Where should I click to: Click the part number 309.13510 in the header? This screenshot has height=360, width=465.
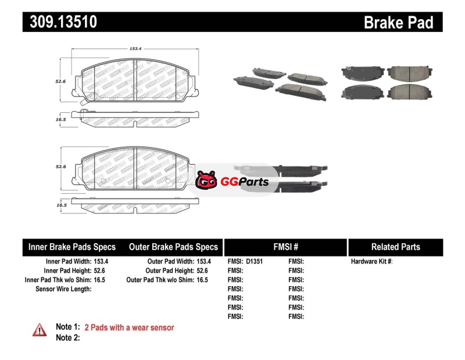(x=60, y=22)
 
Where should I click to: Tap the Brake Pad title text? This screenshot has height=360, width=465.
(x=398, y=22)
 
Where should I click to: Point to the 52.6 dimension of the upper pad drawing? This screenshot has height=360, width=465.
(x=60, y=82)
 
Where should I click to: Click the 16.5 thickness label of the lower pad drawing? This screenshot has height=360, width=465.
(x=60, y=205)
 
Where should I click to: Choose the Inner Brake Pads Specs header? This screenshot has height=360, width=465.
(x=72, y=247)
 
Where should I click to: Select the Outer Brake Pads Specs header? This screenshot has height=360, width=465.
(x=173, y=247)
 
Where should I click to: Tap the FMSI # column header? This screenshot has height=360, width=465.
(x=285, y=247)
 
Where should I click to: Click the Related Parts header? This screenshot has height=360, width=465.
(x=395, y=247)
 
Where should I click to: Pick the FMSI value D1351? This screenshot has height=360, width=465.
(x=255, y=262)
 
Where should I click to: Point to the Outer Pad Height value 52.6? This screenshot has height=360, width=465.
(x=202, y=270)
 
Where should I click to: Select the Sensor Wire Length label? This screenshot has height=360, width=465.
(x=63, y=289)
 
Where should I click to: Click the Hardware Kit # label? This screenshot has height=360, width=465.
(x=371, y=262)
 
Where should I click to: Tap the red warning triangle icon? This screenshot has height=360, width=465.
(x=40, y=330)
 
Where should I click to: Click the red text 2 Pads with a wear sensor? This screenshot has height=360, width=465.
(x=129, y=327)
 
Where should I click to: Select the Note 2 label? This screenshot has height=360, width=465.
(x=67, y=337)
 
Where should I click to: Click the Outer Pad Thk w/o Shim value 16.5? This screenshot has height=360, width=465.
(x=202, y=280)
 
